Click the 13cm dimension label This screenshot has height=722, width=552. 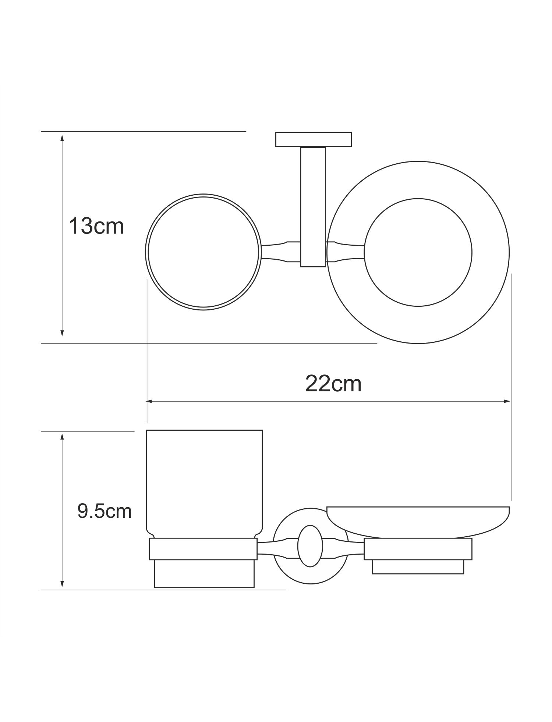click(x=96, y=226)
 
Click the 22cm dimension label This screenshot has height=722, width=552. click(x=333, y=384)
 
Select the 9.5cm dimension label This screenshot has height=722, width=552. click(x=105, y=511)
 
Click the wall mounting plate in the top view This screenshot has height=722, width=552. click(x=314, y=139)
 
